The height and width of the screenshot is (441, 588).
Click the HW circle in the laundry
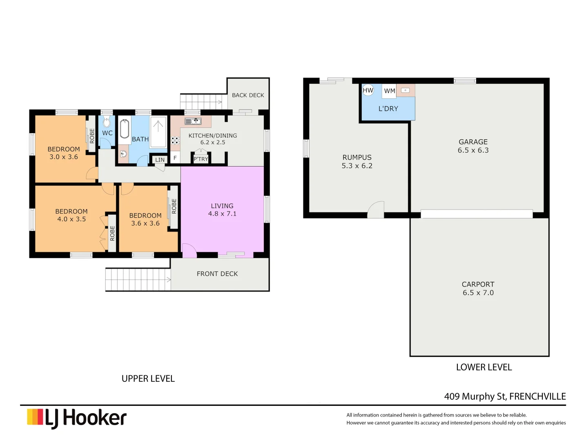click(368, 90)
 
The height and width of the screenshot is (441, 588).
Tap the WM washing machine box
click(390, 91)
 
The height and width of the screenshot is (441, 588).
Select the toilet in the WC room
click(107, 122)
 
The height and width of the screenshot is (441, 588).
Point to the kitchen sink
click(193, 121)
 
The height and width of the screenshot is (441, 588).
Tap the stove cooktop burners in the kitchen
click(175, 140)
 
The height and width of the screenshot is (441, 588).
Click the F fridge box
click(175, 158)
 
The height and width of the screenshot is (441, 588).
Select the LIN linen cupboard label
click(160, 160)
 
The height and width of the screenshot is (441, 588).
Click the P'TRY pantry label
click(201, 159)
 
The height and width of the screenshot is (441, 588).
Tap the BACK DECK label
click(248, 95)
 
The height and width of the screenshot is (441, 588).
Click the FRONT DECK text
click(217, 274)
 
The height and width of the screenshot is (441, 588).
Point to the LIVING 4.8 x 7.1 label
click(222, 210)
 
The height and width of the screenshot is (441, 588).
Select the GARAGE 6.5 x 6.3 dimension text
click(473, 150)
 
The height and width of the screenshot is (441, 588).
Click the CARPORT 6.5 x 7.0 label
click(478, 288)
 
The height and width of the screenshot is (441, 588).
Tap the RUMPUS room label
click(357, 158)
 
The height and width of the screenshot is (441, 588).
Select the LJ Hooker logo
click(77, 418)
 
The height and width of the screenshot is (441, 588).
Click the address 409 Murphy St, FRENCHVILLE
click(505, 396)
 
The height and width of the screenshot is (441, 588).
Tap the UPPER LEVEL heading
click(148, 379)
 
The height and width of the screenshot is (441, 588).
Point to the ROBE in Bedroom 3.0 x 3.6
click(92, 135)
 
